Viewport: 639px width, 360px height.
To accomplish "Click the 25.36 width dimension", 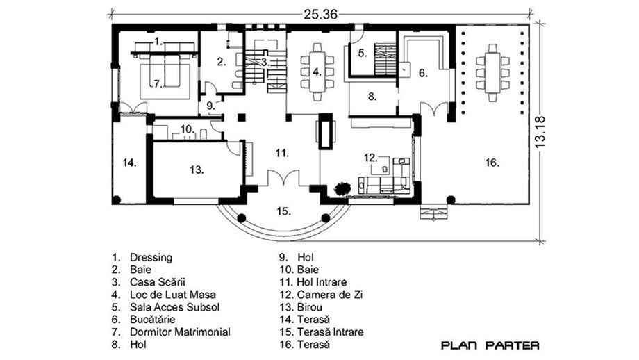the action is pos(320,15).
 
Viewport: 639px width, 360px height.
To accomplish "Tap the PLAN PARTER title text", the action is pos(490,345).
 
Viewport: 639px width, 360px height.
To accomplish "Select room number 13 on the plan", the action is pos(197,169).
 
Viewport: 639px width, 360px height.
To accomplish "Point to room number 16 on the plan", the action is pos(492,163).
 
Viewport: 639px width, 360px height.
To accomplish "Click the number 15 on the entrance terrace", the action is pos(283,211).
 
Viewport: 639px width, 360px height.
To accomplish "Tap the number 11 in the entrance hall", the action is pos(281,154).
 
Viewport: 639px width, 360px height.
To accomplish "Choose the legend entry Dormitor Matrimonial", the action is pos(180,332).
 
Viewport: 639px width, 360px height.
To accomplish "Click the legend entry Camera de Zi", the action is pos(330,295).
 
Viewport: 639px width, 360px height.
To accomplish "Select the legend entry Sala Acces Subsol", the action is pos(175,307).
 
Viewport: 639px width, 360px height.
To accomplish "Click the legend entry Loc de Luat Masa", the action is pos(173,295).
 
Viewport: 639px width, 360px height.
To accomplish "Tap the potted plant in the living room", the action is pos(342,188).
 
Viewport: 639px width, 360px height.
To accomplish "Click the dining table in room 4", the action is pos(317,72).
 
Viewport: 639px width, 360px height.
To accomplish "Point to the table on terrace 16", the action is pos(492,72).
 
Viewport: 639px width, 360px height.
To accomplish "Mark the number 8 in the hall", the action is pos(372,97).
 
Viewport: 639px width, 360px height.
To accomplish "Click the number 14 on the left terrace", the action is pos(130,163).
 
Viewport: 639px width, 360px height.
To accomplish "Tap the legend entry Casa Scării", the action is pos(158,281).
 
